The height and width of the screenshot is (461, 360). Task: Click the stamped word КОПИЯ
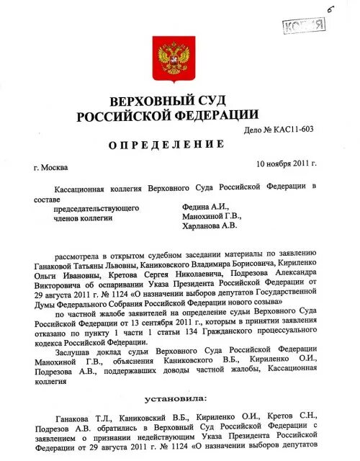[x=305, y=26]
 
